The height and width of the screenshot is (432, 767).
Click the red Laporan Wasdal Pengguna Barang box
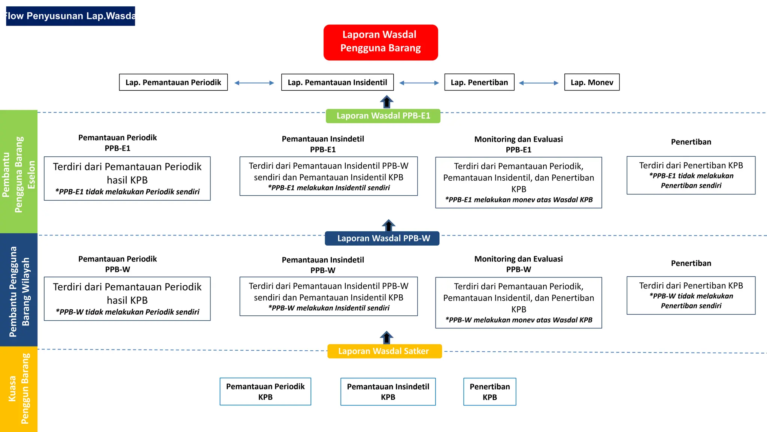click(381, 42)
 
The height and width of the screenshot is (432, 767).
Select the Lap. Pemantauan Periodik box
click(173, 82)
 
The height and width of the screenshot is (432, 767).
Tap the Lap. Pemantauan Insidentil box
click(337, 82)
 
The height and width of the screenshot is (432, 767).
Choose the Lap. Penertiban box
click(479, 82)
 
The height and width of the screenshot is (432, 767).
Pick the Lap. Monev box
click(592, 82)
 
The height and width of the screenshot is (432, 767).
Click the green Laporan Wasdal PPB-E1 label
click(383, 116)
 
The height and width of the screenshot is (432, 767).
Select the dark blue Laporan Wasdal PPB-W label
click(382, 238)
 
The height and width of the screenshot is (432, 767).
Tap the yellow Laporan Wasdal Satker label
click(384, 351)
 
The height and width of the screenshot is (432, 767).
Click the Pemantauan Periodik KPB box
click(265, 391)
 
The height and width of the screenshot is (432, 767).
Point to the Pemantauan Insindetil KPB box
click(388, 391)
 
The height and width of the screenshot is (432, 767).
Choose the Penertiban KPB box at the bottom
click(489, 391)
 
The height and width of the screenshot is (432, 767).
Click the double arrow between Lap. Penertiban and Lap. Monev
click(539, 83)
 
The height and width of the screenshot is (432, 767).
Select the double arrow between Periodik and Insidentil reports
click(254, 83)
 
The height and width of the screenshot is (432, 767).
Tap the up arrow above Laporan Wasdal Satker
click(386, 337)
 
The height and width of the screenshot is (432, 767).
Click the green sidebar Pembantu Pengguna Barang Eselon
click(19, 172)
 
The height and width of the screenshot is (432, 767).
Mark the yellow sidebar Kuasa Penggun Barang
click(19, 388)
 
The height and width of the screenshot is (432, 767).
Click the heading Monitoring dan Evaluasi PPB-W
click(518, 264)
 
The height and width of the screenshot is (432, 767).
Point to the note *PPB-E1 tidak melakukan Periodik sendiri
click(127, 192)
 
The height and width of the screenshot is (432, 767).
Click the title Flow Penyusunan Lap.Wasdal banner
click(70, 16)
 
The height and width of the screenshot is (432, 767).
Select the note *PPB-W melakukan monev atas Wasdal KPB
click(518, 320)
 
